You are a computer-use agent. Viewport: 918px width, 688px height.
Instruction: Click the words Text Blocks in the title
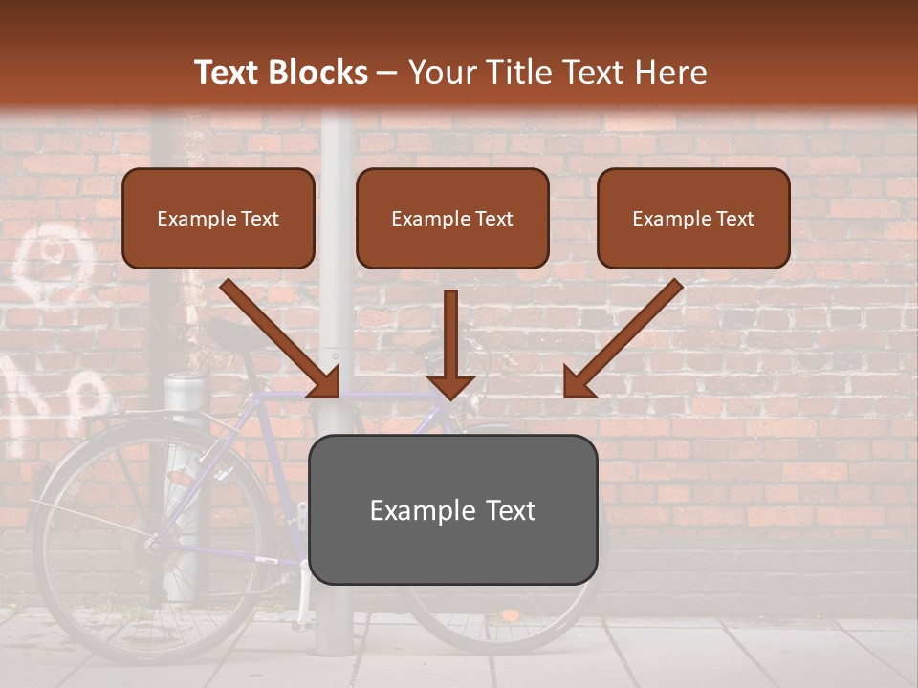click(281, 73)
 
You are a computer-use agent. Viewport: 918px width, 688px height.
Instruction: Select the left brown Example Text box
click(218, 219)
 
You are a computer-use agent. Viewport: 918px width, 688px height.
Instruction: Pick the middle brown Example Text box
click(452, 219)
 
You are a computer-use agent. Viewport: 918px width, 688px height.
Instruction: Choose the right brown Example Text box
click(693, 219)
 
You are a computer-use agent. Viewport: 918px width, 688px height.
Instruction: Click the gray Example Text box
click(452, 510)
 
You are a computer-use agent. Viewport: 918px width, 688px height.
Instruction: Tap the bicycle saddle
click(229, 333)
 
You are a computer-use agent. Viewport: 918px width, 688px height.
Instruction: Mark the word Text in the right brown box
click(734, 219)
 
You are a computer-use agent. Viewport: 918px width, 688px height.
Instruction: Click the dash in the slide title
click(388, 73)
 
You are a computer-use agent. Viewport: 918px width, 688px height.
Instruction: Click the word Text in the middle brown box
click(493, 219)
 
